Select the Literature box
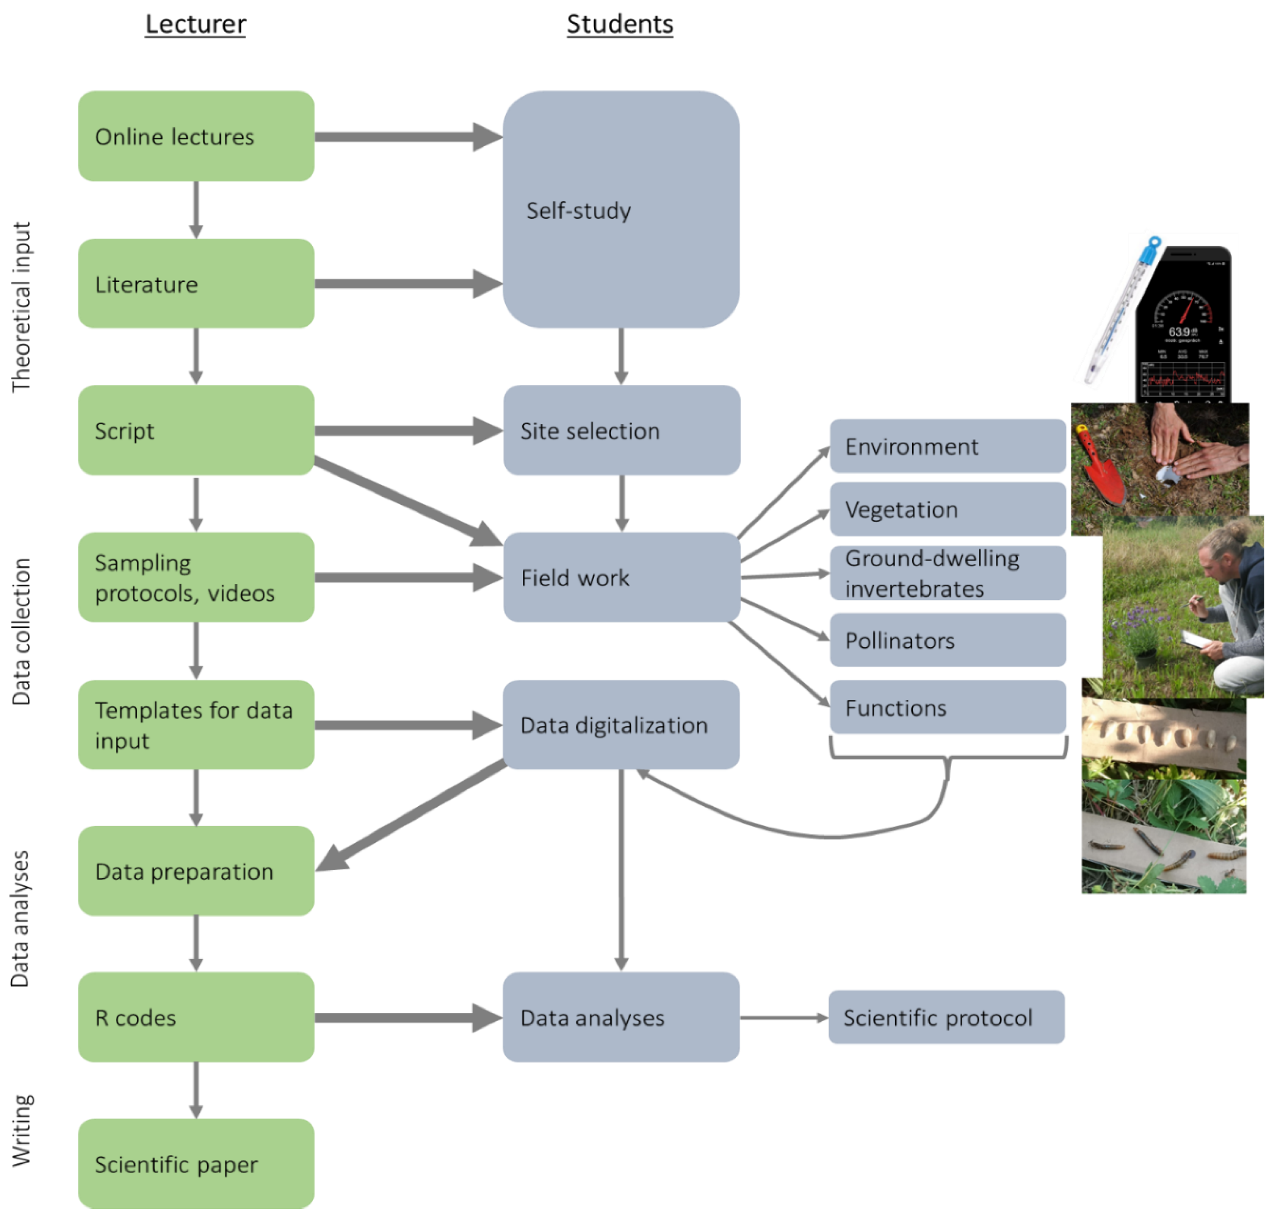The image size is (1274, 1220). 196,284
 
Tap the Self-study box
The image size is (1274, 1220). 621,210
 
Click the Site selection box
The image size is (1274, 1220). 621,430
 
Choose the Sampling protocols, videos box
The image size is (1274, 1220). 196,577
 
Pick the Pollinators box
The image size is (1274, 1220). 948,641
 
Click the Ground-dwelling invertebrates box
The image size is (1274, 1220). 948,573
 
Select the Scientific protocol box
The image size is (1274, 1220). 946,1018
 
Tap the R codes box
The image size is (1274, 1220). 196,1018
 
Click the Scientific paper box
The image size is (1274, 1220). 196,1164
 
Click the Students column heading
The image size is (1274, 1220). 620,24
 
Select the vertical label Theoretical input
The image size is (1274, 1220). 21,307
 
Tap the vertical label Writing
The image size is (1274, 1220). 21,1130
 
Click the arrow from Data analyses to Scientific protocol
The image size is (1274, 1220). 783,1018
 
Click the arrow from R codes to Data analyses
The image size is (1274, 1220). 406,1018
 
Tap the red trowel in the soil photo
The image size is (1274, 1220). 1098,465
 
